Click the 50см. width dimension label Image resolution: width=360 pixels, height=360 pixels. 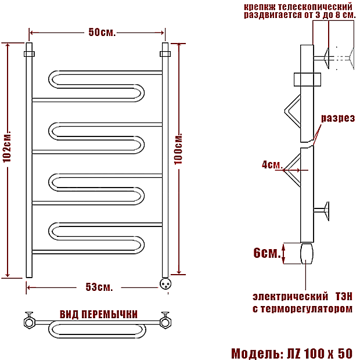pyautogui.click(x=102, y=33)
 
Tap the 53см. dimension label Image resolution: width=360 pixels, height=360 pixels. pyautogui.click(x=99, y=287)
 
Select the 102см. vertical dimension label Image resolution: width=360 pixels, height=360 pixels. pyautogui.click(x=6, y=146)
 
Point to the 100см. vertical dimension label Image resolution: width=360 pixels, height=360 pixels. pyautogui.click(x=178, y=149)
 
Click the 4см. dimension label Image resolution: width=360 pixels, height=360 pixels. pyautogui.click(x=272, y=165)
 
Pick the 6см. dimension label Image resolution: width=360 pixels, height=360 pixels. pyautogui.click(x=267, y=253)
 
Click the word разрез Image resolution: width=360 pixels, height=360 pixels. pyautogui.click(x=338, y=118)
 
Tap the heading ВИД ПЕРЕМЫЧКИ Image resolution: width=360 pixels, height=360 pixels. pyautogui.click(x=99, y=314)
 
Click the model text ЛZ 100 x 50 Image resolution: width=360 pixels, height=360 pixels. pyautogui.click(x=320, y=353)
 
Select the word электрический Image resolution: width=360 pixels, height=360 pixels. pyautogui.click(x=290, y=296)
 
